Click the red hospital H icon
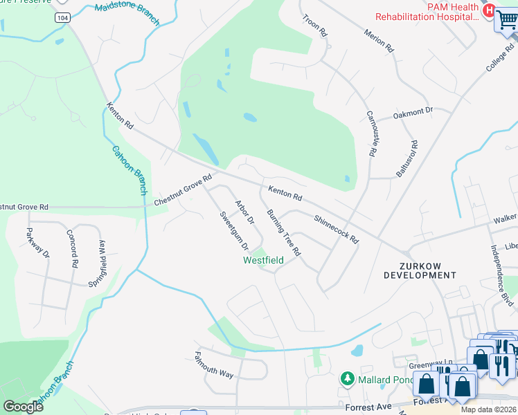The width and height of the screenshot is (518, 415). point(489,10)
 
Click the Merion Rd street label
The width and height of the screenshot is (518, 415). point(379,41)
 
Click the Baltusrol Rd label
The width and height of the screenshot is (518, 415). point(408,159)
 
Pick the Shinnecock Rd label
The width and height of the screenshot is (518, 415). point(336,230)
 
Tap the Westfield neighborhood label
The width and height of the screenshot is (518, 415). point(263,260)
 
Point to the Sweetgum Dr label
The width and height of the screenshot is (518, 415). point(234,230)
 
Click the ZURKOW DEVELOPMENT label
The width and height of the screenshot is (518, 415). point(420,270)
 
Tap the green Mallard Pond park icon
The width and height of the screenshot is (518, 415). point(347,379)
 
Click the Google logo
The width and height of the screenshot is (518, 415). point(24,406)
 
